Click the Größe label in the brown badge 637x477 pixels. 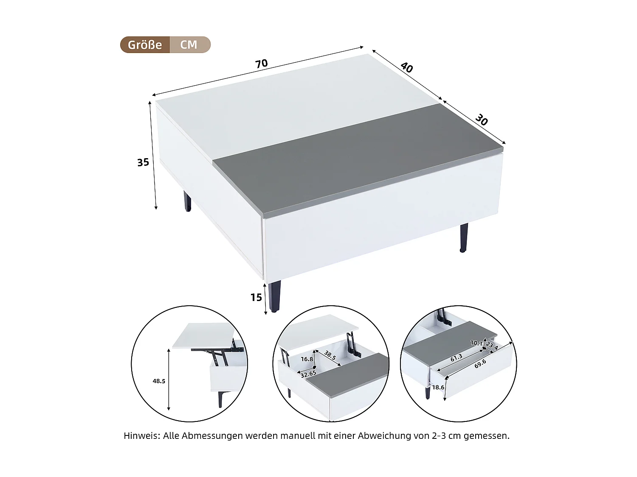pyautogui.click(x=145, y=45)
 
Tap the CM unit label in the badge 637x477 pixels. pyautogui.click(x=189, y=45)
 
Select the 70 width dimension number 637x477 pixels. pyautogui.click(x=262, y=64)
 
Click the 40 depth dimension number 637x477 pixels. pyautogui.click(x=406, y=67)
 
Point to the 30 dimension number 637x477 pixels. pyautogui.click(x=481, y=120)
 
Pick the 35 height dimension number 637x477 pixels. pyautogui.click(x=143, y=162)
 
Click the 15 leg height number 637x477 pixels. pyautogui.click(x=256, y=298)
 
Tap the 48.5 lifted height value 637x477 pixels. pyautogui.click(x=159, y=381)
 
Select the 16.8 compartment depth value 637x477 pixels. pyautogui.click(x=307, y=359)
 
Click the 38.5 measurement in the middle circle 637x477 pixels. pyautogui.click(x=330, y=355)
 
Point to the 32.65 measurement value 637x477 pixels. pyautogui.click(x=308, y=374)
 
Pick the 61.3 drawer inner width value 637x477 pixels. pyautogui.click(x=456, y=358)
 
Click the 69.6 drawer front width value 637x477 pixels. pyautogui.click(x=480, y=363)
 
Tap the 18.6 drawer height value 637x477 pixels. pyautogui.click(x=438, y=387)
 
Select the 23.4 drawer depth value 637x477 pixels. pyautogui.click(x=492, y=346)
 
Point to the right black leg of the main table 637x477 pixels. pyautogui.click(x=464, y=237)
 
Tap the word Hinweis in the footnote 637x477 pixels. pyautogui.click(x=142, y=436)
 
